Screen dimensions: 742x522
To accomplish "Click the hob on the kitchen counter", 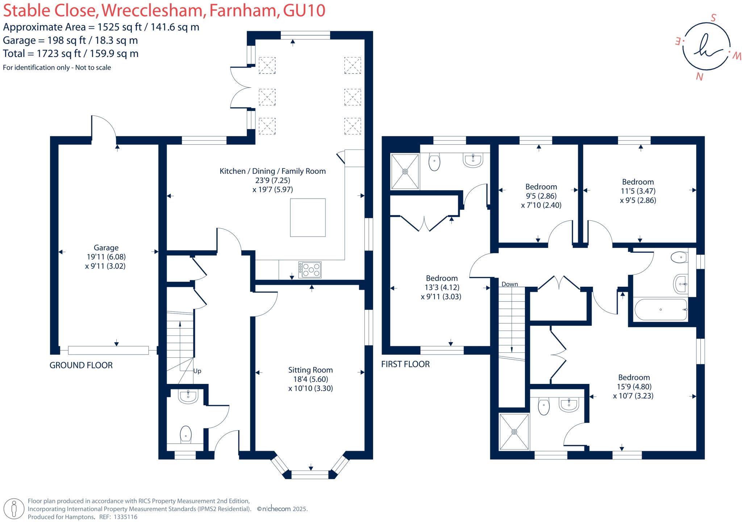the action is tap(310, 270).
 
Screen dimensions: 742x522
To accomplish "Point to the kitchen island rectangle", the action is tap(308, 217).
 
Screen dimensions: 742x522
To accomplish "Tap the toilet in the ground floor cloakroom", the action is tap(185, 434).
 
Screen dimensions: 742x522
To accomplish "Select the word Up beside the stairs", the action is tap(197, 371).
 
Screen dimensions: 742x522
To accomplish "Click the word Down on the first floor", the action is tap(510, 284).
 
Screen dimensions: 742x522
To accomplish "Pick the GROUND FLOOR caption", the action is tap(81, 365).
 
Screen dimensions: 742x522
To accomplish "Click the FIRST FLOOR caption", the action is tap(405, 364).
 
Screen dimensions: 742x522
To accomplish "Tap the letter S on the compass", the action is tap(713, 18).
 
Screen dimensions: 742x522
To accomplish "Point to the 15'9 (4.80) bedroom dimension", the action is tap(634, 386).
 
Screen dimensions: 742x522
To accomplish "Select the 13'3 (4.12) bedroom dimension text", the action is tap(442, 287).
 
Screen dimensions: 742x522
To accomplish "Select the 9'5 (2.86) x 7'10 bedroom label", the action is tap(541, 196).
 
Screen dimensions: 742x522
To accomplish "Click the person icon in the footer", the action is tap(14, 509).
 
